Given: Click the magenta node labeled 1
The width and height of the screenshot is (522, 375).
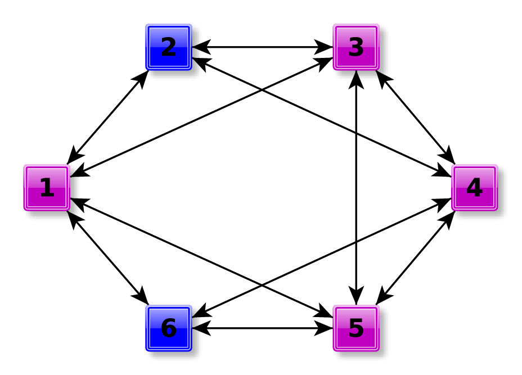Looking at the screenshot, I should (47, 188).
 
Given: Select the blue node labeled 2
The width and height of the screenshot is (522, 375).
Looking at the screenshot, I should (169, 47).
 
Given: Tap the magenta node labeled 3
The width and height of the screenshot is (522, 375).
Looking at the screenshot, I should (356, 47).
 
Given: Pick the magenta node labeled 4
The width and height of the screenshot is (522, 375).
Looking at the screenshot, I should (474, 188).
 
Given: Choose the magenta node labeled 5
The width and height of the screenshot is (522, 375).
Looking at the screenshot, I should (356, 328).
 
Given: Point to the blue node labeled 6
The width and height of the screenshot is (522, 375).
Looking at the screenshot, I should (169, 328).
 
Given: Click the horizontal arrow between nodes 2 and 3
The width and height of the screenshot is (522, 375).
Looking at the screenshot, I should (262, 47).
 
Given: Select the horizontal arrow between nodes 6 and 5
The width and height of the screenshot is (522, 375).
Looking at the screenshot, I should (262, 328).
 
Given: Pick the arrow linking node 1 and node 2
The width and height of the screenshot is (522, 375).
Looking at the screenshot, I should (108, 117).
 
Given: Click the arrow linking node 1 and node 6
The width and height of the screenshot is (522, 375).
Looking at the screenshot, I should (108, 257).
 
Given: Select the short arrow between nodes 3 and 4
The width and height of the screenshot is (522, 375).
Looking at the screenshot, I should (415, 117).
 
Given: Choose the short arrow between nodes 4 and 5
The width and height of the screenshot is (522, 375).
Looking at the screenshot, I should (415, 257).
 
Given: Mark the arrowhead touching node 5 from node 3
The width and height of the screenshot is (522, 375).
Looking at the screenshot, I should (356, 297).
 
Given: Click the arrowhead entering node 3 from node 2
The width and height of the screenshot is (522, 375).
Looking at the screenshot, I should (325, 47).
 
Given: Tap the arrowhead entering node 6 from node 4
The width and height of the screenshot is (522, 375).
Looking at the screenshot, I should (200, 313).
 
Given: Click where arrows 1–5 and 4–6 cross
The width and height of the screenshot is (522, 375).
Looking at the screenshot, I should (262, 284).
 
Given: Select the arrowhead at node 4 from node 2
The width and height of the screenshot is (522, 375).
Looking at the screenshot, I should (443, 172).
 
